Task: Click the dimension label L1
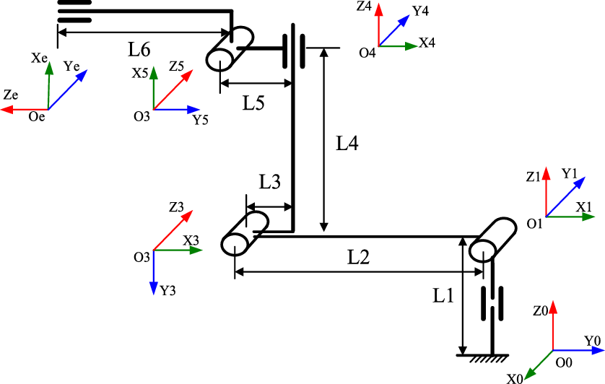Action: coord(443,295)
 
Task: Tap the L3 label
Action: coord(269,183)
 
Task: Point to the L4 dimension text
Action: coord(349,144)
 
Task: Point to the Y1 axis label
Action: coord(569,173)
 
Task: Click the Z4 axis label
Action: coord(364,7)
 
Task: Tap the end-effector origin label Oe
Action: coord(36,116)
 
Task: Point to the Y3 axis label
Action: coord(167,291)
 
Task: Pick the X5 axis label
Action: coord(139,74)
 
